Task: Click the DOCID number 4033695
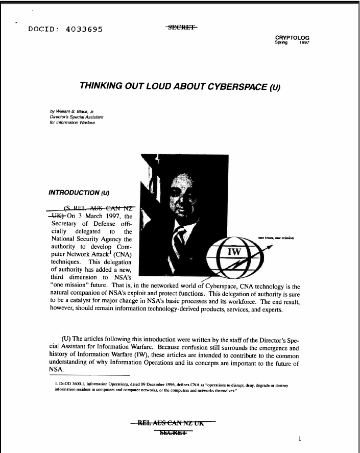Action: click(84, 29)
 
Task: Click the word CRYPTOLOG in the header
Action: click(292, 38)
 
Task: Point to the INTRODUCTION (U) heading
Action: click(79, 193)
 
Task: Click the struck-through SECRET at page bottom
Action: click(174, 434)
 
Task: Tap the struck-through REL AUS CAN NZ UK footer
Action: click(174, 423)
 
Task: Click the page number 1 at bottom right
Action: click(300, 438)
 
